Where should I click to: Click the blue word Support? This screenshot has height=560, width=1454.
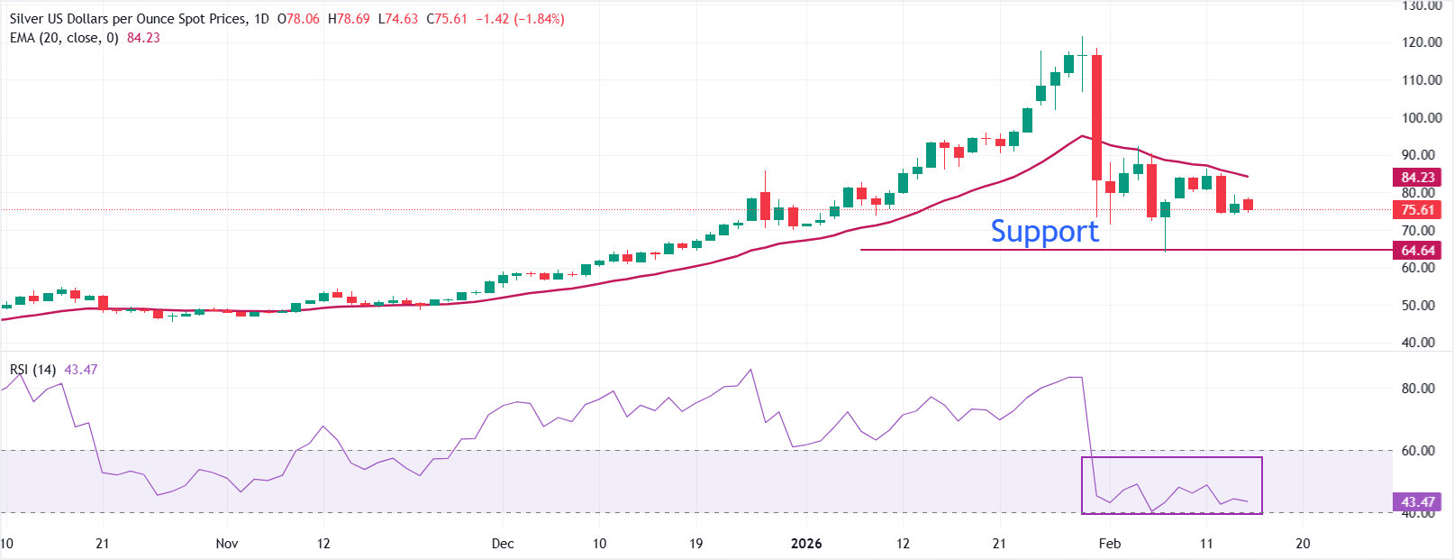click(1044, 232)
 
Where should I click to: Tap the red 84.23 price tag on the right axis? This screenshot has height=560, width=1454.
click(1417, 177)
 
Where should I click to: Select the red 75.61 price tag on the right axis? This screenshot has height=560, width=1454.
click(1417, 209)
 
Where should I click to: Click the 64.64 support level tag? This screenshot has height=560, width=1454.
click(1417, 250)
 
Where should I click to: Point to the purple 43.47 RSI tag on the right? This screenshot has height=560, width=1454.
click(1417, 501)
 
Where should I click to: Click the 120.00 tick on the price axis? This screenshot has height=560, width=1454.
click(1422, 42)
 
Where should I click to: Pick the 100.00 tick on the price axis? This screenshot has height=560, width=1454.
click(1422, 117)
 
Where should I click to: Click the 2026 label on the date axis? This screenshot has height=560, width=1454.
click(806, 544)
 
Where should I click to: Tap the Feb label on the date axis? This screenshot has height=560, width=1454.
click(1110, 544)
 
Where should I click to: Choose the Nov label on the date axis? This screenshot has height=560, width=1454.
click(227, 544)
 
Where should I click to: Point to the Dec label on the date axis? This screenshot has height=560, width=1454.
click(503, 544)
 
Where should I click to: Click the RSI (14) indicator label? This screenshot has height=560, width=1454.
click(33, 370)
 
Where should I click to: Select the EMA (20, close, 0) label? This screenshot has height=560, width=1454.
click(64, 38)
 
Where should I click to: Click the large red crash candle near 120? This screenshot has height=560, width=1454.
click(1096, 117)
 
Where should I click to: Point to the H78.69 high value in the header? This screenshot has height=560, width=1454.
click(349, 19)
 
